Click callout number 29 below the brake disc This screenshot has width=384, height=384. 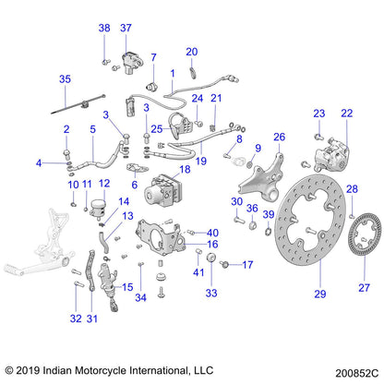tap(320, 294)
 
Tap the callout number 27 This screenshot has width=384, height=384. tap(364, 288)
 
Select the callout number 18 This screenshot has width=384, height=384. tap(185, 169)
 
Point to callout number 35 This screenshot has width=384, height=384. tap(65, 79)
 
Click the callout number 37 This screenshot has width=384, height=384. tap(126, 28)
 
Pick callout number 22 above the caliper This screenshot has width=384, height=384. tap(347, 114)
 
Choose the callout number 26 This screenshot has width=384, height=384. tap(280, 137)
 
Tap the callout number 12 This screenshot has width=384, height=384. tap(104, 184)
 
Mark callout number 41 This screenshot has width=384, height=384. tap(198, 272)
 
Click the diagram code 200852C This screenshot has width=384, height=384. tap(357, 373)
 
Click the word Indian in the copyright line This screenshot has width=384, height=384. tap(57, 370)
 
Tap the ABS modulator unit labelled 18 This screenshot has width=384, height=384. tap(163, 190)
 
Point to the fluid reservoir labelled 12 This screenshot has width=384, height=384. tap(98, 208)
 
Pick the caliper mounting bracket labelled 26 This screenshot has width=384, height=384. tap(261, 177)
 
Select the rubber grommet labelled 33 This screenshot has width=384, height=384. tap(211, 258)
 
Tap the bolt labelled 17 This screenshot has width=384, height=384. tap(224, 264)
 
